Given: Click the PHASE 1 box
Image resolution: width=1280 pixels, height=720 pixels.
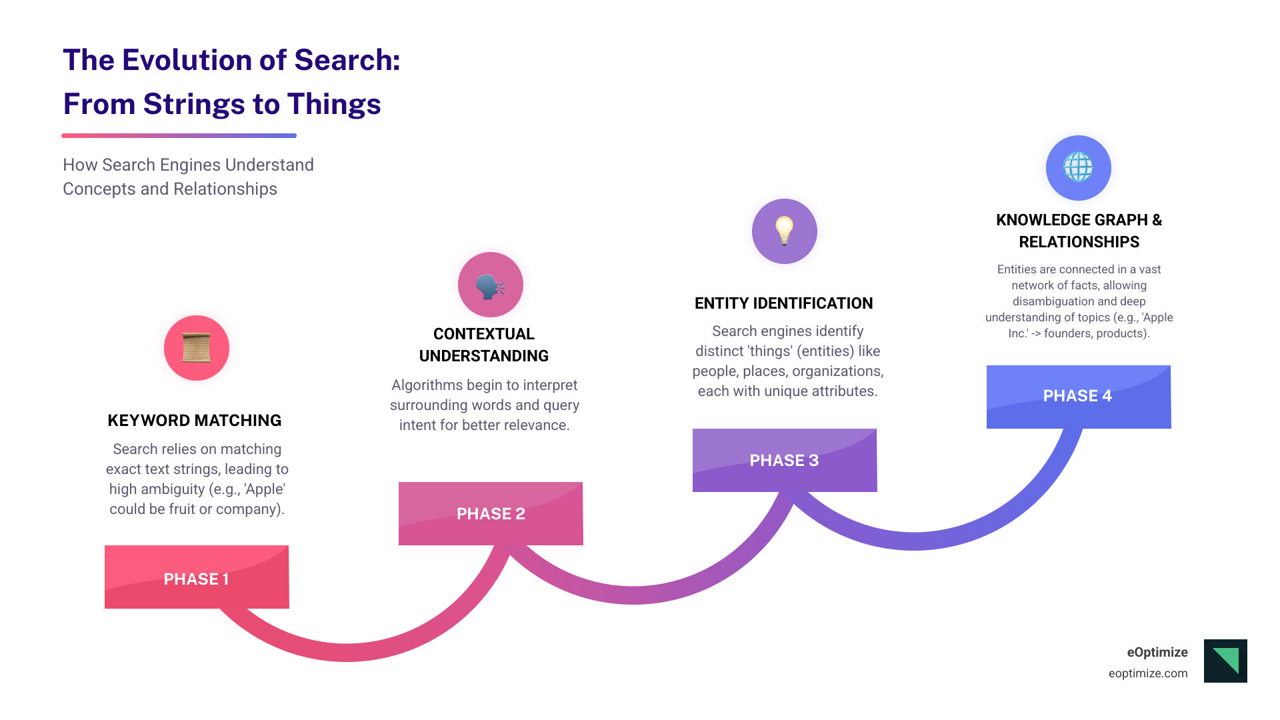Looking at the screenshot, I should pyautogui.click(x=197, y=577).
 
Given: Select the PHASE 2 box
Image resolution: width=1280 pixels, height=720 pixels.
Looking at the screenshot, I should pyautogui.click(x=491, y=513).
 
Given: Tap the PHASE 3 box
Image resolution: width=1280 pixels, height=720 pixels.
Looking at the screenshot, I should pyautogui.click(x=784, y=460).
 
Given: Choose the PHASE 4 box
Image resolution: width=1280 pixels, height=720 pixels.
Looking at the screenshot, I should pyautogui.click(x=1078, y=396).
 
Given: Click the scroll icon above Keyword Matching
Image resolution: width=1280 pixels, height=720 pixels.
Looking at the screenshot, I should pyautogui.click(x=197, y=348).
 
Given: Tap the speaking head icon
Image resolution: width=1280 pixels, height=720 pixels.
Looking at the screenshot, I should pyautogui.click(x=491, y=285).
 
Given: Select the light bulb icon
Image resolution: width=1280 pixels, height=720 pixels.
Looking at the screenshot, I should pyautogui.click(x=785, y=231).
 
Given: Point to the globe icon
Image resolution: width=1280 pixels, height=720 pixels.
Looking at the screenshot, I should pyautogui.click(x=1078, y=167).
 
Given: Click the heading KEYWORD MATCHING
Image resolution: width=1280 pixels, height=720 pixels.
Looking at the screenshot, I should pyautogui.click(x=195, y=421).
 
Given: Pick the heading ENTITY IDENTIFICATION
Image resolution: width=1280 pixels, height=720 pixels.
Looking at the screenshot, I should pyautogui.click(x=783, y=303).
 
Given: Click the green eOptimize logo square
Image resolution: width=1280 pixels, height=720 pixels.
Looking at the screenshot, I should pyautogui.click(x=1225, y=661).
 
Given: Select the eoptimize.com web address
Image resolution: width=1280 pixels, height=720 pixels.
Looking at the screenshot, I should pyautogui.click(x=1148, y=673).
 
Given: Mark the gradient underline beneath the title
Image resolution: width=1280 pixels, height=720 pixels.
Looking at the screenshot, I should pyautogui.click(x=179, y=135).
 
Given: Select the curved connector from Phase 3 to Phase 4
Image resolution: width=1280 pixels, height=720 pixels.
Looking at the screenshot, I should pyautogui.click(x=913, y=541).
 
